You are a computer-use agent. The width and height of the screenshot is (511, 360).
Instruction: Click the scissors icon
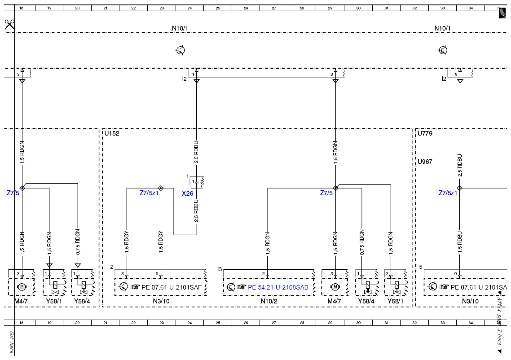click(10, 24)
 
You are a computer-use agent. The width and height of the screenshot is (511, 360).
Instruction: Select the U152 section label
click(112, 133)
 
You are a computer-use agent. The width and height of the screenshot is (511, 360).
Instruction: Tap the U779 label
click(425, 133)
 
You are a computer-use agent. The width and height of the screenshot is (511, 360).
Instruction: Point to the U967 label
click(425, 162)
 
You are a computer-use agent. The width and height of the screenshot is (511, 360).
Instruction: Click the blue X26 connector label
click(187, 193)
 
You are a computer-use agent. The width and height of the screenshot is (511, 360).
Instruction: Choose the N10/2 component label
click(269, 301)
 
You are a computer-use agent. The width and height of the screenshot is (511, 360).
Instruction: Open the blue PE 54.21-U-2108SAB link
click(278, 287)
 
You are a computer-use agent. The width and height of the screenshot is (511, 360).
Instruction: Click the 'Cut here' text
click(11, 342)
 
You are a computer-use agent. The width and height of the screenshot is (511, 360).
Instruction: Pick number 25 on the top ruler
click(218, 8)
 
